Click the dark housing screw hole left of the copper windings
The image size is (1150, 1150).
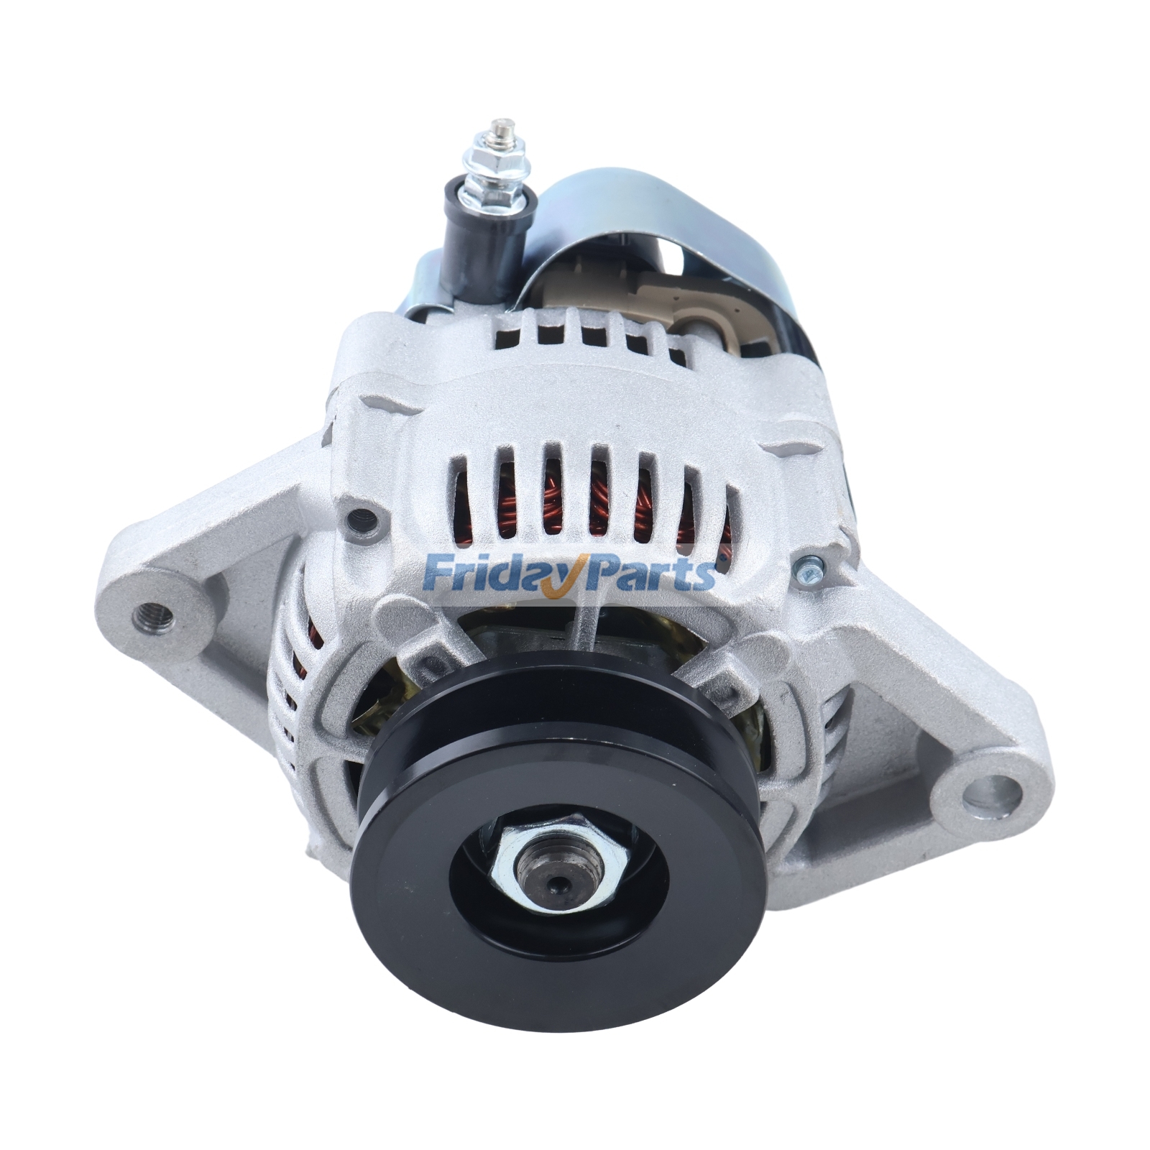point(359,516)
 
